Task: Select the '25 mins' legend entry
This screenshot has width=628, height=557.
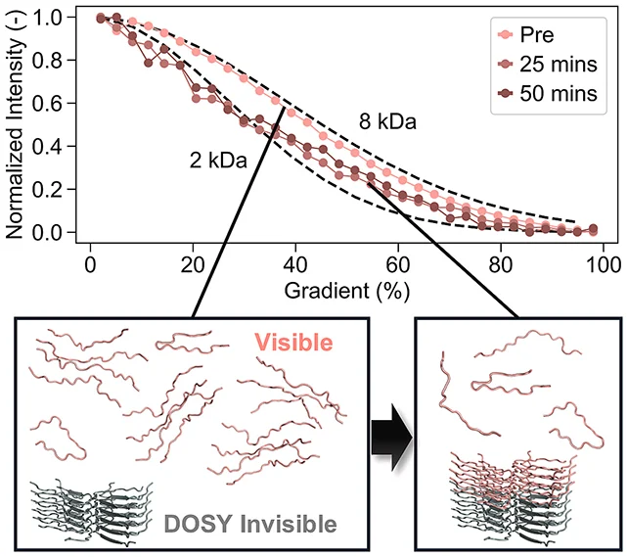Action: coord(548,64)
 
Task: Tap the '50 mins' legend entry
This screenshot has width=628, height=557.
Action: coord(548,93)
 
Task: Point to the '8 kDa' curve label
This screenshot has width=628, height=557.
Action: coord(387,121)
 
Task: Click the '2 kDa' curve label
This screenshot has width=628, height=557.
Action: coord(218,161)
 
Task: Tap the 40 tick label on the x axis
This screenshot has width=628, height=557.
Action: coord(295,265)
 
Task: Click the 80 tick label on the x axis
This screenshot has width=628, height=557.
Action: coord(501,265)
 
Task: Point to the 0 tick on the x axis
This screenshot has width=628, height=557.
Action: coord(91,265)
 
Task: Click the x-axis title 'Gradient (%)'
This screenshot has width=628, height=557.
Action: coord(347,291)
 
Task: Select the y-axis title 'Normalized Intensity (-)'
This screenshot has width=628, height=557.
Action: coord(15,124)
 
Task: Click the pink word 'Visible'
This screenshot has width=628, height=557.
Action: coord(293,343)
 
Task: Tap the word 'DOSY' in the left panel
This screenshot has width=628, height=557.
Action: coord(198,524)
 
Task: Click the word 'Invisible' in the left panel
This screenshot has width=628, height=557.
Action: coord(289,524)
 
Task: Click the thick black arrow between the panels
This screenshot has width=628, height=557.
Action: coord(391,438)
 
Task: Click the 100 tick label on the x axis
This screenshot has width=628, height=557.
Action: coord(602,265)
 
